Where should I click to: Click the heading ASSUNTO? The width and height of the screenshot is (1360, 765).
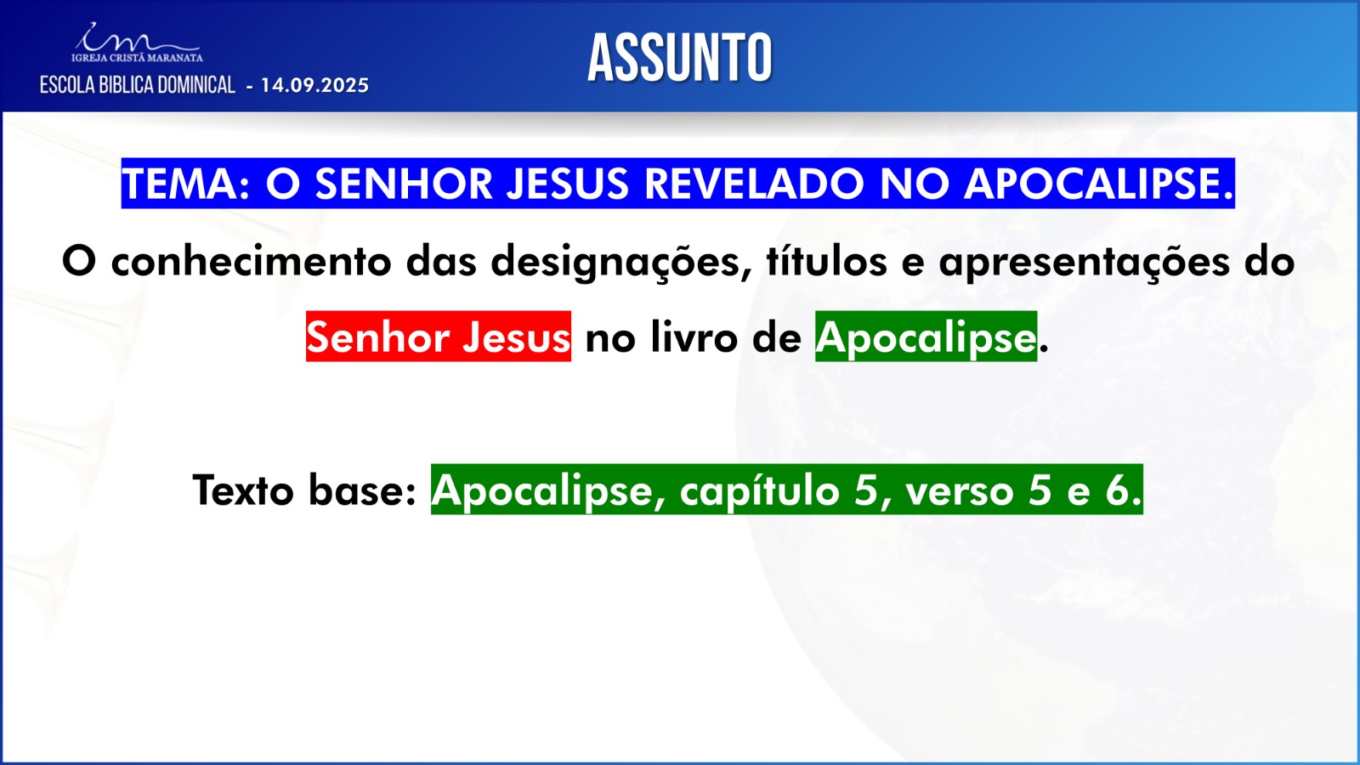click(x=679, y=58)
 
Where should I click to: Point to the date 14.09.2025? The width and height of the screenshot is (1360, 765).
click(x=314, y=85)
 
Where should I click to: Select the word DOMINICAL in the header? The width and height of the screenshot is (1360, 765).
click(x=196, y=85)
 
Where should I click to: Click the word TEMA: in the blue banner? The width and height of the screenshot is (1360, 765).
click(x=186, y=184)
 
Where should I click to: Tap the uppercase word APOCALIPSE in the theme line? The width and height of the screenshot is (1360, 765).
click(x=1098, y=184)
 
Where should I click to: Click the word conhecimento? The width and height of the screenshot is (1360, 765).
click(x=252, y=262)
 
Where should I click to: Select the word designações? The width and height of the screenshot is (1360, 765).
click(x=621, y=263)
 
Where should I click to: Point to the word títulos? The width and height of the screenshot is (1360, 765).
click(x=826, y=262)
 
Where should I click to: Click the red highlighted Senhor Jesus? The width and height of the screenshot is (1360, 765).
click(x=439, y=337)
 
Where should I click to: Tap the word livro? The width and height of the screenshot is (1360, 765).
click(x=694, y=337)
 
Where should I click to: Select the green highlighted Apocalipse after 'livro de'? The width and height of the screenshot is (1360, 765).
click(x=926, y=337)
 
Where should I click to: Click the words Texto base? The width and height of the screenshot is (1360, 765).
click(x=304, y=490)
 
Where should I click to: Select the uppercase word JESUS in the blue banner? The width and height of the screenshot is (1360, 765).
click(x=568, y=184)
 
